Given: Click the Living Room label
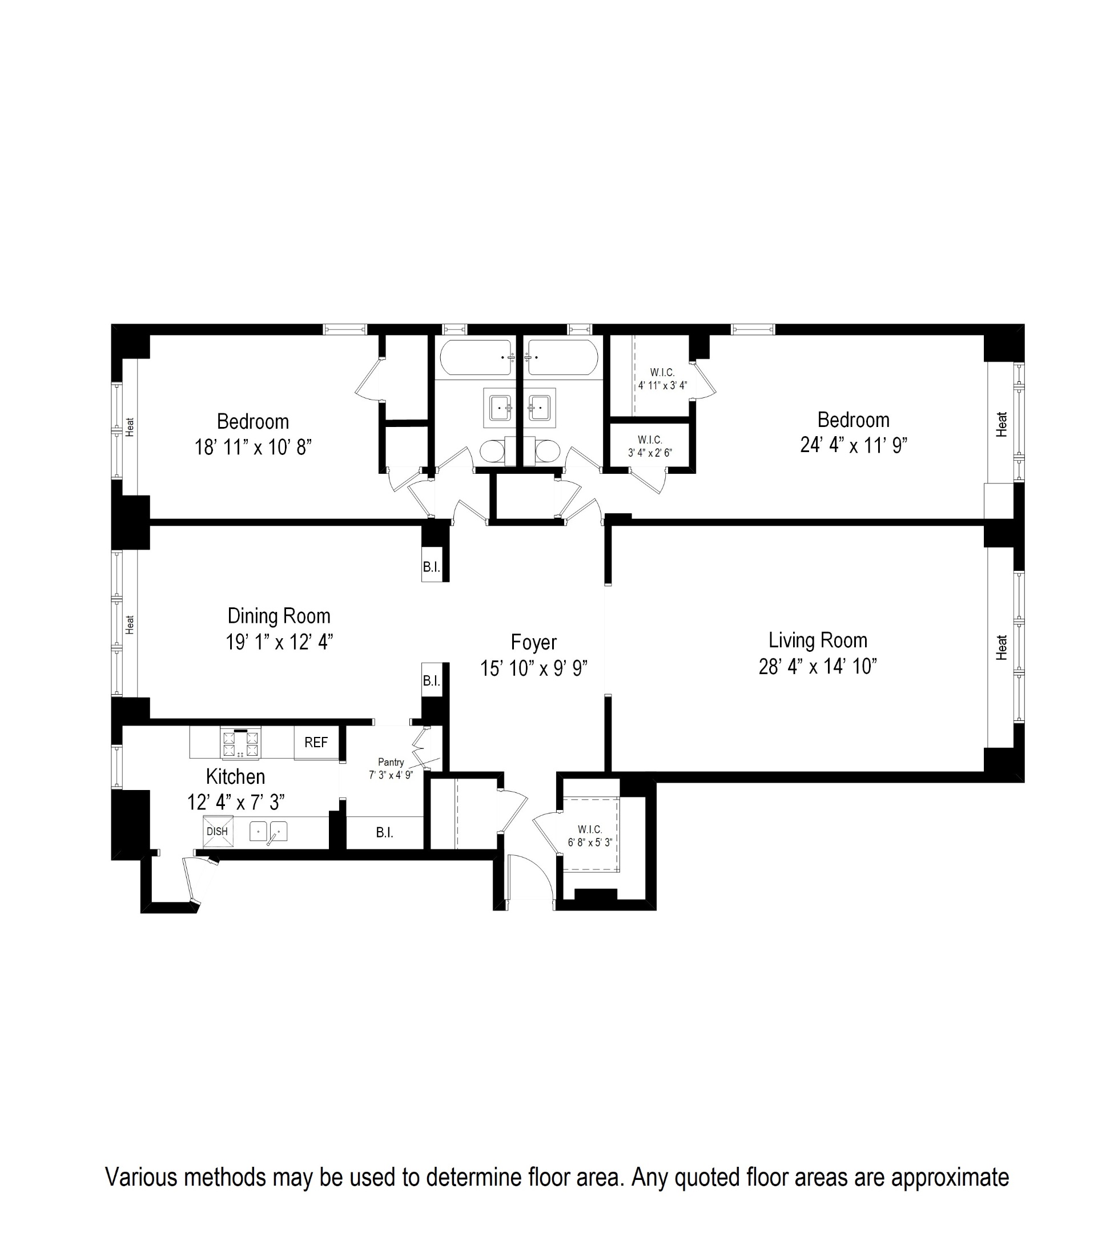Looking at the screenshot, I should [817, 640].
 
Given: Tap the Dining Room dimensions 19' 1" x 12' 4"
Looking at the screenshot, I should [279, 642].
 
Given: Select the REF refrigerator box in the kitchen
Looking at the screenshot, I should [316, 742].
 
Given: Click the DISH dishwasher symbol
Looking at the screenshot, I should [218, 832].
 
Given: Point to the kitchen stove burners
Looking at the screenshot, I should [240, 744].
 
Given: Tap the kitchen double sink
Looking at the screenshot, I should [268, 831].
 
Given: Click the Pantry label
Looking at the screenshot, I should [391, 761].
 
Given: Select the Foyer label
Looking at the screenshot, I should [534, 642].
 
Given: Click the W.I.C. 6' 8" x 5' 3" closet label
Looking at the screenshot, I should [590, 836].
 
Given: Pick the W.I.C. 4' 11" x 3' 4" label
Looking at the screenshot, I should [662, 378].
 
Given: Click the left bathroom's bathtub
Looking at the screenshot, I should [476, 358].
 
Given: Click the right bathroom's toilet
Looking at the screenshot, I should [547, 452].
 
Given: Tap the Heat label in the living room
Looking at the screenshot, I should [1002, 647].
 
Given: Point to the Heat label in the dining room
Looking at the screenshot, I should [129, 624].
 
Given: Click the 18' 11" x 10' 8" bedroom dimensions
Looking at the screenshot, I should [252, 448].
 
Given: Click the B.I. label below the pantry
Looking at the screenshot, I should [384, 833].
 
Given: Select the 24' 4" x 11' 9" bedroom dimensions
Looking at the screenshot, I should [853, 446].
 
